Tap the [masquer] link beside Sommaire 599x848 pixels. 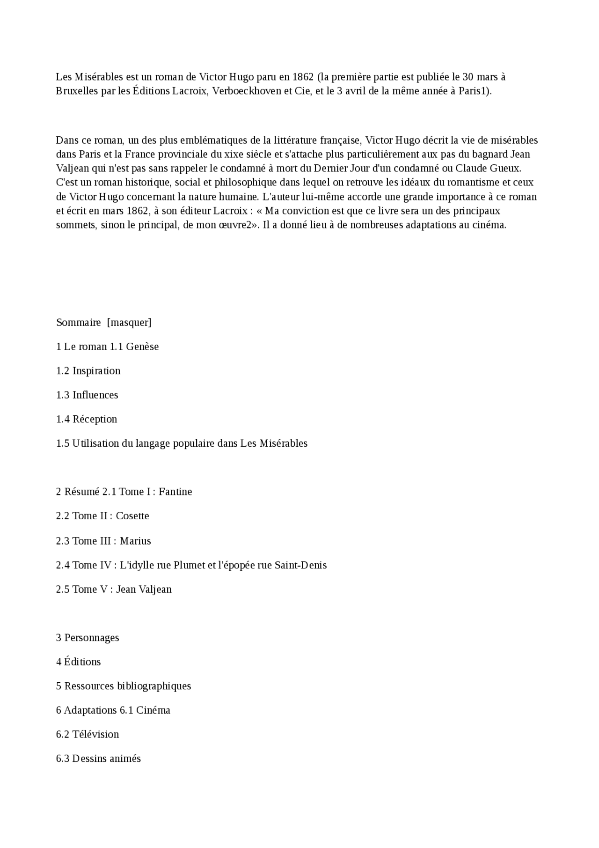click(129, 322)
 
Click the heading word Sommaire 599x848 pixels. click(78, 322)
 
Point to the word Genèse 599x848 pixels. click(142, 347)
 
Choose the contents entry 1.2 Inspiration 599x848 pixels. click(88, 371)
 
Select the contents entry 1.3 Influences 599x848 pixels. click(87, 395)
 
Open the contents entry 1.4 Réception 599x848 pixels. click(87, 419)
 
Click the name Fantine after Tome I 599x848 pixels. click(175, 492)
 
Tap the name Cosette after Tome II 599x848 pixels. click(132, 516)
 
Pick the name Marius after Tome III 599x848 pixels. click(135, 541)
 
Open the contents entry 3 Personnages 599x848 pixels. click(88, 638)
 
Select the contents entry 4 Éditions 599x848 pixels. click(79, 662)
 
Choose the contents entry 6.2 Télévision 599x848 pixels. click(88, 734)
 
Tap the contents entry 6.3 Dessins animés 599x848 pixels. click(98, 759)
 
